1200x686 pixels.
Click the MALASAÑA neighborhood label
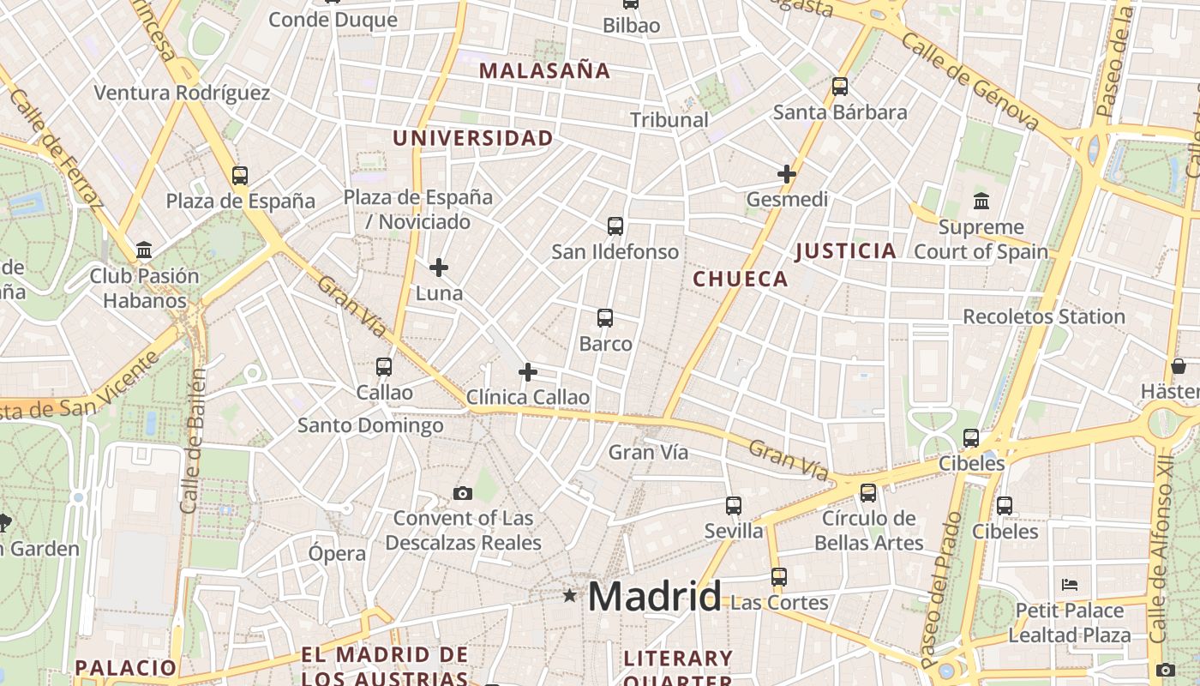pos(544,70)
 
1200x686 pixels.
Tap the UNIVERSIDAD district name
pos(473,138)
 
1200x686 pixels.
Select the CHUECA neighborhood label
pos(741,279)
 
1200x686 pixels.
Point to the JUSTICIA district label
pos(846,251)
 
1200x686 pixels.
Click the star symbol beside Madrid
pos(569,595)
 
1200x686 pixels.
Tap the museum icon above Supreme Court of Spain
pos(981,202)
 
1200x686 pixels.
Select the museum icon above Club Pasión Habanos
pos(144,250)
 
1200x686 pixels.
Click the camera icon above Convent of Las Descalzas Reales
pos(463,493)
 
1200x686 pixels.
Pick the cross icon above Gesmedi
pos(787,174)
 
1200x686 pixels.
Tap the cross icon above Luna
pos(439,268)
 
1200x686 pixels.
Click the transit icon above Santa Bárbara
pos(840,87)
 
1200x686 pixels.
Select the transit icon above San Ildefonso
pos(615,226)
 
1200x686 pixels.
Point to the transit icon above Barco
pos(605,318)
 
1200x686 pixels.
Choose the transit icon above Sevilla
pos(734,506)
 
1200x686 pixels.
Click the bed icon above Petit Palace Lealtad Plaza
pos(1069,585)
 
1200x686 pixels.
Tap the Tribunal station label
pos(669,120)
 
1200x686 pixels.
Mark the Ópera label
pos(337,553)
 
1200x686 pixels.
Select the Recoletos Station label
pos(1044,316)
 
